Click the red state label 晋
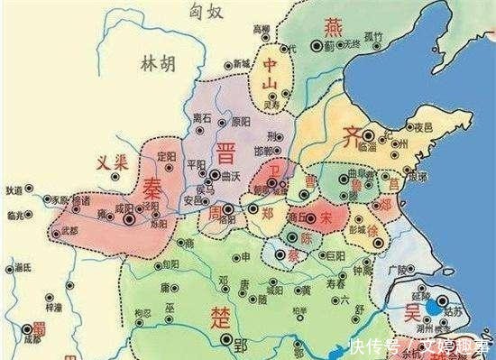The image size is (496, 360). (x=225, y=150)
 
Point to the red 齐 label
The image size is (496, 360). (x=353, y=137)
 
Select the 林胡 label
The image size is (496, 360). (x=160, y=63)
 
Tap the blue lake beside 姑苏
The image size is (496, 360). (x=435, y=307)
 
